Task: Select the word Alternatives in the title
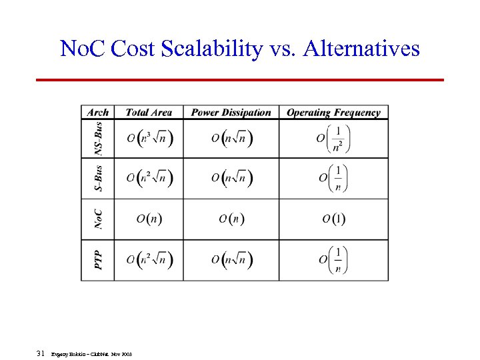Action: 361,49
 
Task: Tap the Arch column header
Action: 97,113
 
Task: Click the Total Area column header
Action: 149,113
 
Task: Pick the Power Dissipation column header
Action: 231,113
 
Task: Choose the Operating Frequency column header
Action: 333,113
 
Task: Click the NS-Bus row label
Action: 98,139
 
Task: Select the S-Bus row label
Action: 98,179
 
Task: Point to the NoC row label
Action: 98,219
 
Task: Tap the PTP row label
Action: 98,260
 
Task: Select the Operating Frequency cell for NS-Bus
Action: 334,139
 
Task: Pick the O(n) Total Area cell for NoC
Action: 149,219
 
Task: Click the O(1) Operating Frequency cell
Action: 334,219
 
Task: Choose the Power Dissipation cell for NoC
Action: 231,219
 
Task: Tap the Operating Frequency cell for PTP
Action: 334,260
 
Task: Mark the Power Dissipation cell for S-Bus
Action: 231,179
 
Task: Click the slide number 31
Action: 41,353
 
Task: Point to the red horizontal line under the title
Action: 239,80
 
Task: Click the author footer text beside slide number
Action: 91,354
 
